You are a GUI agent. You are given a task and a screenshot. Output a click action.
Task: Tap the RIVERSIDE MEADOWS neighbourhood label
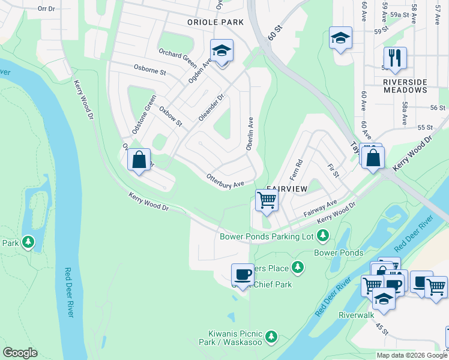click(x=405, y=86)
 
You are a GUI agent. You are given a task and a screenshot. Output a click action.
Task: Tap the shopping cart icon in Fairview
click(x=267, y=200)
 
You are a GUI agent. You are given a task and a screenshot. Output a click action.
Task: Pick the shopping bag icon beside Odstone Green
click(x=139, y=160)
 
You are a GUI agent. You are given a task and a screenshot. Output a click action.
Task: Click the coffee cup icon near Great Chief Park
click(x=243, y=275)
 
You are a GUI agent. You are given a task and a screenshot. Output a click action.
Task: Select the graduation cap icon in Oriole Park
click(x=221, y=51)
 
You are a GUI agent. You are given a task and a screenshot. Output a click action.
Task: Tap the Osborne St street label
click(x=150, y=70)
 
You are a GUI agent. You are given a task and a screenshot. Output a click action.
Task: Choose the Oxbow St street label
click(x=170, y=116)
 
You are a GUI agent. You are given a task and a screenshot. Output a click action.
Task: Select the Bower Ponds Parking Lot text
click(x=267, y=236)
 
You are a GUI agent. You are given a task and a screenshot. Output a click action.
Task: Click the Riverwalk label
click(x=356, y=315)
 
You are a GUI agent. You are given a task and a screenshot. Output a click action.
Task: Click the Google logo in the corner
click(x=20, y=353)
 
